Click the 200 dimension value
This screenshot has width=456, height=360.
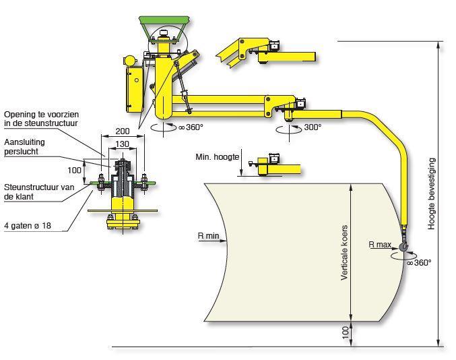click(x=123, y=131)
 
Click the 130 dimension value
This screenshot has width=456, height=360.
click(x=122, y=144)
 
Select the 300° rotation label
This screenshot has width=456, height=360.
click(x=313, y=127)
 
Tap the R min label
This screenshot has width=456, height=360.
click(x=208, y=236)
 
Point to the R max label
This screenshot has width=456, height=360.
click(x=380, y=245)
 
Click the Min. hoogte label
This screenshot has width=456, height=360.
click(x=218, y=157)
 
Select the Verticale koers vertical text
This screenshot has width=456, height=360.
click(x=344, y=253)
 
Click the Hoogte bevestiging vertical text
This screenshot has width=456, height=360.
click(x=432, y=194)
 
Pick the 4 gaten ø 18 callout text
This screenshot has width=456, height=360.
click(x=28, y=226)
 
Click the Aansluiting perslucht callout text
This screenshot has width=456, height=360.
click(x=24, y=147)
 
